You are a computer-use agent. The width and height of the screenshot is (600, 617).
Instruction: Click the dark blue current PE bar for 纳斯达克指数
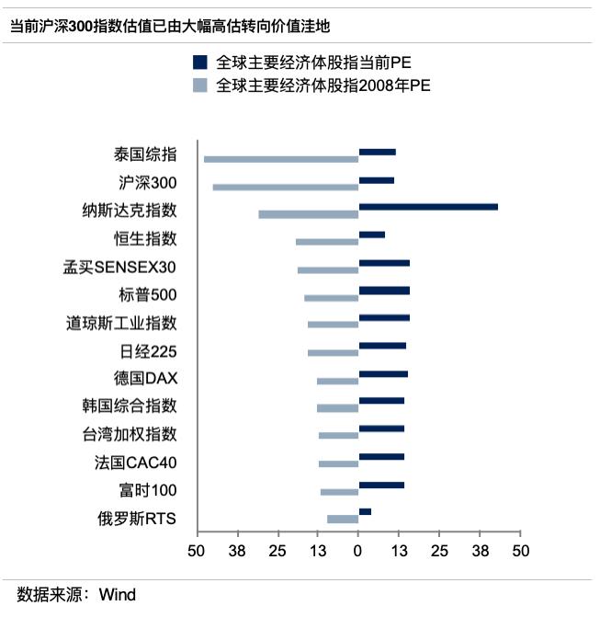click(428, 207)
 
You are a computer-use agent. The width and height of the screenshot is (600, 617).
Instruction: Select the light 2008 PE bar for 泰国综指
click(281, 159)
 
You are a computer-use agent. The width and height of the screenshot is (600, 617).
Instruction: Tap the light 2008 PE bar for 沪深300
click(286, 187)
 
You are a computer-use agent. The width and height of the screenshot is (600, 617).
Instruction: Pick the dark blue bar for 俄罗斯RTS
click(365, 511)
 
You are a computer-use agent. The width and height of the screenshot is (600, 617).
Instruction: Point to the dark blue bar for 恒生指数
click(372, 234)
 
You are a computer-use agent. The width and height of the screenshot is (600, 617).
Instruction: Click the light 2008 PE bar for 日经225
click(334, 353)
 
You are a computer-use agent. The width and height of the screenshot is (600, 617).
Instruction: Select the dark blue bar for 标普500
click(384, 291)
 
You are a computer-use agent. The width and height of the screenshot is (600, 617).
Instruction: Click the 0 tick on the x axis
click(358, 552)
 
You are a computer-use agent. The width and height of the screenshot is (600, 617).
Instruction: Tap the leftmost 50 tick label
click(196, 552)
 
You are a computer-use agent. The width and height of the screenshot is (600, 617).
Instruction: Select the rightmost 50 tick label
click(521, 552)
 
